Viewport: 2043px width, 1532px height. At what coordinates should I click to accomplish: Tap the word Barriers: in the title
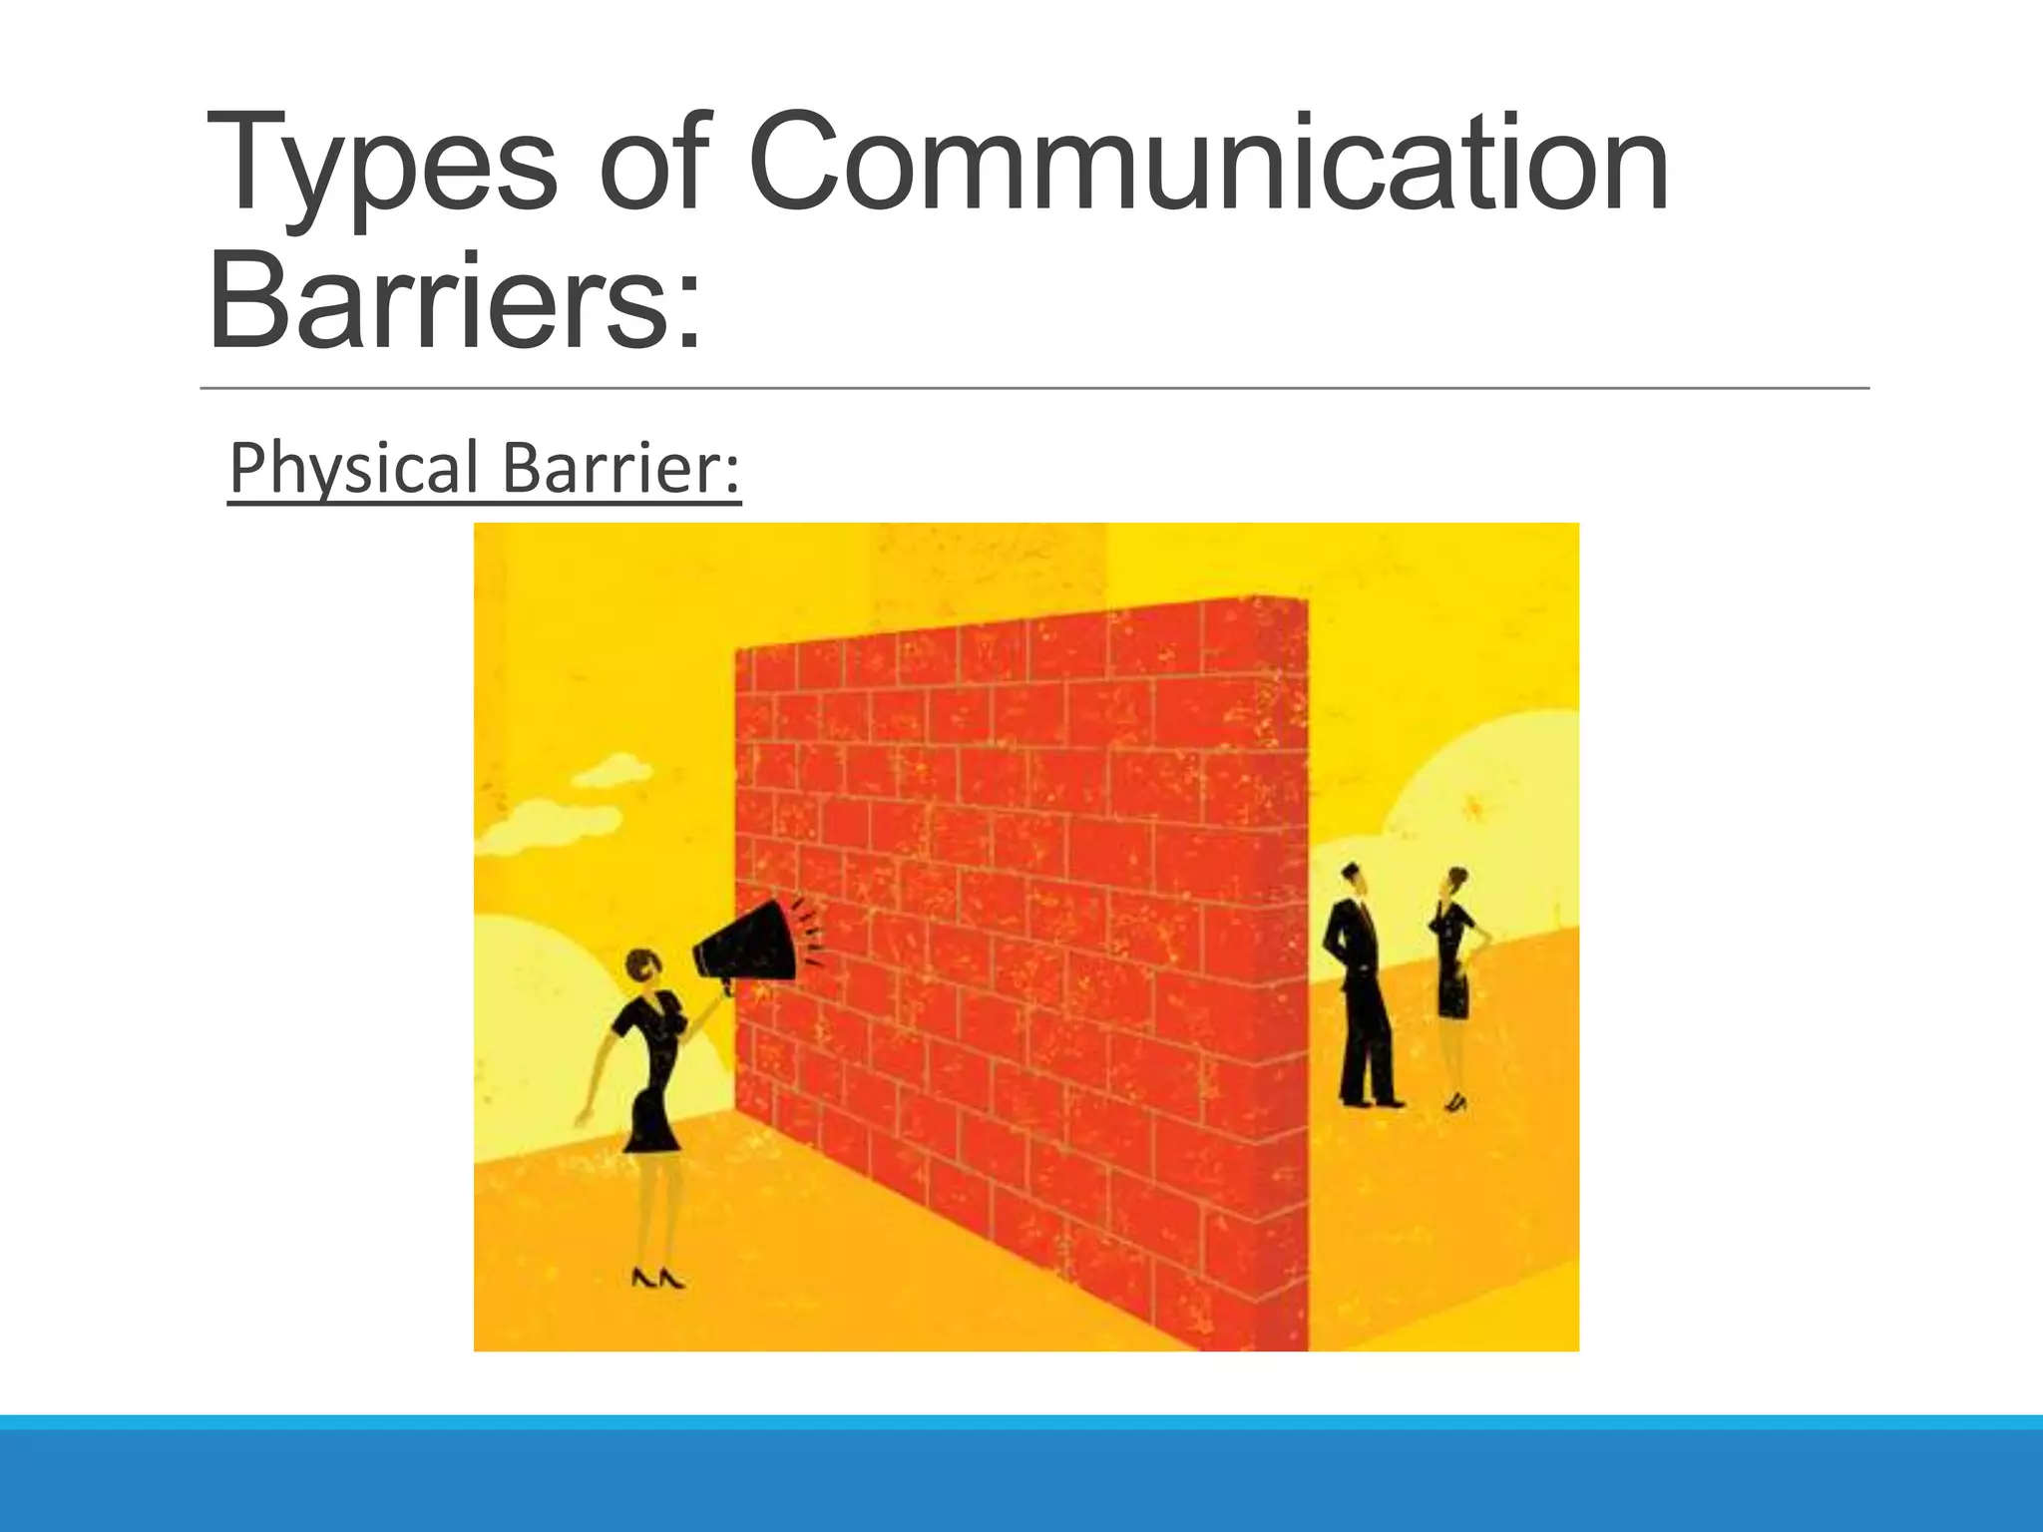tap(454, 299)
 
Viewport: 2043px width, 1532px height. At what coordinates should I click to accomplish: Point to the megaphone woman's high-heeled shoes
tap(657, 1278)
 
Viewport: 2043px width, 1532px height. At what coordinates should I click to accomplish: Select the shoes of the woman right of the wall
tap(1455, 1102)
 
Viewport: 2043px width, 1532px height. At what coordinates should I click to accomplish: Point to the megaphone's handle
tap(728, 987)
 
